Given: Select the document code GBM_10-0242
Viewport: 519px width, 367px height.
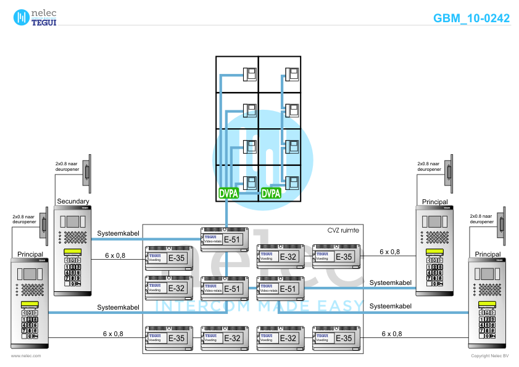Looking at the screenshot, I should [471, 19].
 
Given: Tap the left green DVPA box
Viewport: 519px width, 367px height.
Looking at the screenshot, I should [228, 193].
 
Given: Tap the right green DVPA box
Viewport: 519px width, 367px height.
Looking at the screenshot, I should [271, 193].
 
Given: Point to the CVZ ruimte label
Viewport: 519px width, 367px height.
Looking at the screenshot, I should [343, 230].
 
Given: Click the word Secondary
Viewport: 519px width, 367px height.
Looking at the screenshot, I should [73, 202].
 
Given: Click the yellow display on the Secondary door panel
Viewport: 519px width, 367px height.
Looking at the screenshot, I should [73, 252].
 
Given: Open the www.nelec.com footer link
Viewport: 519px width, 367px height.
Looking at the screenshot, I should [26, 356].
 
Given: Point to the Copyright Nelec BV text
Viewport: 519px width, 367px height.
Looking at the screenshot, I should [489, 356].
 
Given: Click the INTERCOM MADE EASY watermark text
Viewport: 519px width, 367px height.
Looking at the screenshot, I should [259, 306].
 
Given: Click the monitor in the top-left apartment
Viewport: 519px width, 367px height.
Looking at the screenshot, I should [250, 75].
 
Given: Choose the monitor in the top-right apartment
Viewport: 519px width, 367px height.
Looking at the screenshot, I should [293, 75].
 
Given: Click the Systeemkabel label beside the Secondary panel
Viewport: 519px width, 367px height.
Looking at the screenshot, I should [117, 233].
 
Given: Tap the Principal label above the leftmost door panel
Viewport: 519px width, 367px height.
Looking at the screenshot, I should [30, 254].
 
